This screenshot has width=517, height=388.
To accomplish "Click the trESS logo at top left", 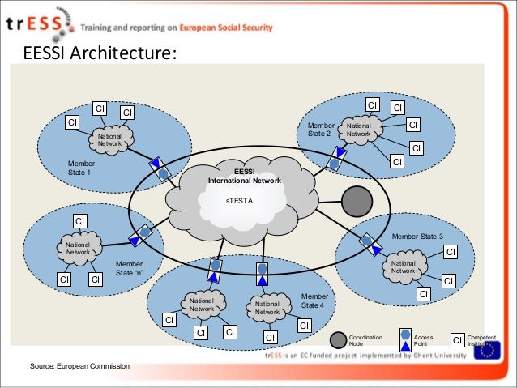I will [36, 25].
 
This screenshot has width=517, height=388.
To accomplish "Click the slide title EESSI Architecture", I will [99, 54].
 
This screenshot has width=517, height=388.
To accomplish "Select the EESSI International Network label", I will [244, 177].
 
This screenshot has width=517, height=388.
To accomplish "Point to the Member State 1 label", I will [79, 168].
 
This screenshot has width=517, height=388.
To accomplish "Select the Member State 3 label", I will [417, 237].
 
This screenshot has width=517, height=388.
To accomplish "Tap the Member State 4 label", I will [314, 301].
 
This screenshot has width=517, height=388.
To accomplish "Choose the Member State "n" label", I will [129, 268].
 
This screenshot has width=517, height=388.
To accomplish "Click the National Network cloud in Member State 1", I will [110, 139].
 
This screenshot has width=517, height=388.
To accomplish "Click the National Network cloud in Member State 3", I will [403, 266].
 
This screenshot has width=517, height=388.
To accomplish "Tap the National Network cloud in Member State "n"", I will [79, 248].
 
